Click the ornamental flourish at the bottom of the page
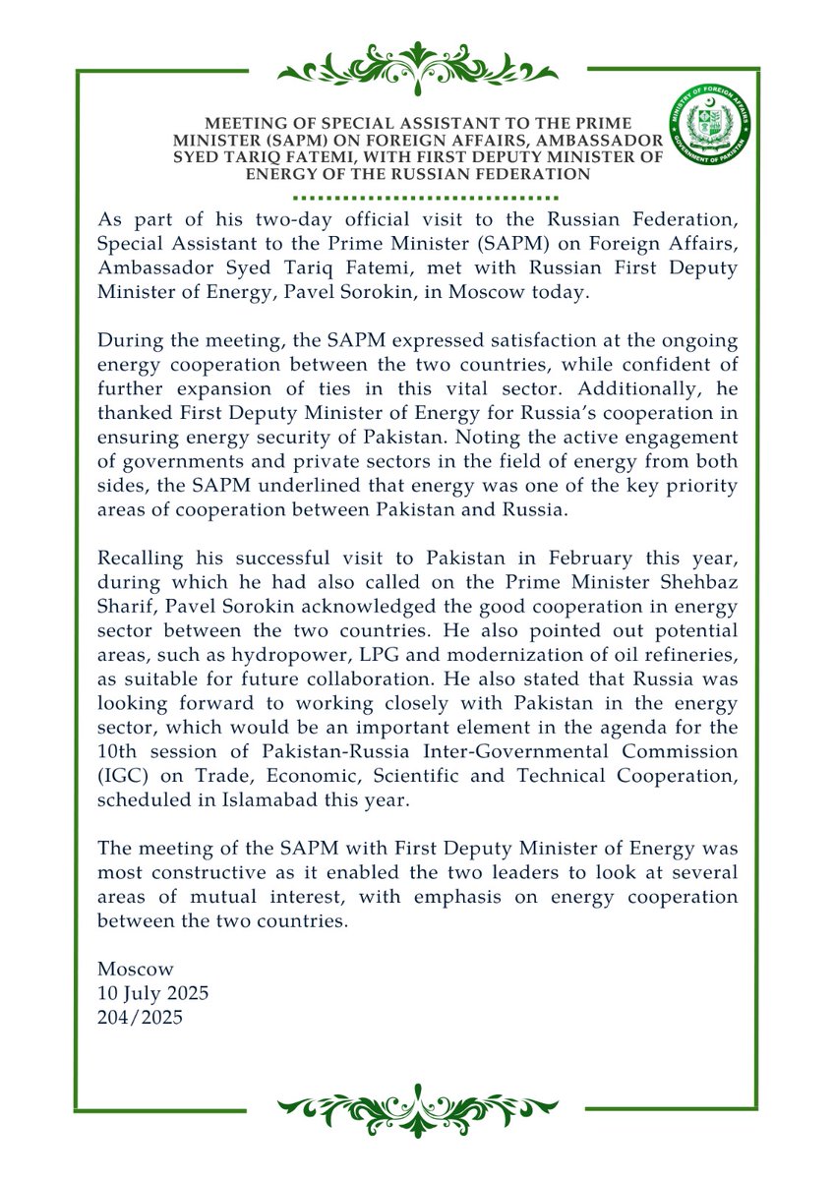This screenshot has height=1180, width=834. [417, 1108]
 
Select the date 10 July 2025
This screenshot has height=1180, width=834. [152, 994]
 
